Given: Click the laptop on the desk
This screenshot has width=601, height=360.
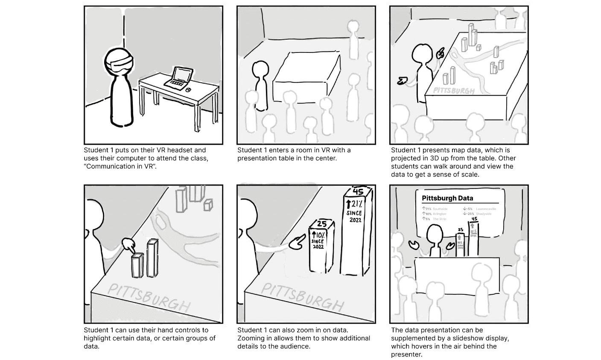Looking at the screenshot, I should pyautogui.click(x=178, y=78).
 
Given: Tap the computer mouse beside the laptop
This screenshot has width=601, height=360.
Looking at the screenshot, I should pyautogui.click(x=188, y=90).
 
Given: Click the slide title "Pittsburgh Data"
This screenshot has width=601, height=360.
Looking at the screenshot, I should pyautogui.click(x=447, y=198).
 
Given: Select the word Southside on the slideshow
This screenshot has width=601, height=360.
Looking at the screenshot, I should pyautogui.click(x=440, y=209).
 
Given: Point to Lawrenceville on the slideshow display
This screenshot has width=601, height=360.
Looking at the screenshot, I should pyautogui.click(x=486, y=209).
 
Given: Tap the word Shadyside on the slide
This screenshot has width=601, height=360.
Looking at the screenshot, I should pyautogui.click(x=484, y=214).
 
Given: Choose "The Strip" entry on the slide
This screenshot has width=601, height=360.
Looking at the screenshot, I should pyautogui.click(x=439, y=219).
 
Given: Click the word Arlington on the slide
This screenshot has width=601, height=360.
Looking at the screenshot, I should pyautogui.click(x=440, y=214).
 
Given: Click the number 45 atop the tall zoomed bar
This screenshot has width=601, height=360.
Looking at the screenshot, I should pyautogui.click(x=357, y=192).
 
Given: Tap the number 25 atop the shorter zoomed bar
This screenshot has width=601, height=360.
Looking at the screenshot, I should pyautogui.click(x=322, y=224).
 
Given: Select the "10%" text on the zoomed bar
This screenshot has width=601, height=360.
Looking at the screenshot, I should pyautogui.click(x=319, y=235).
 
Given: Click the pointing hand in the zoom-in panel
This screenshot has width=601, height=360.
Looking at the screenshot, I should pyautogui.click(x=296, y=244).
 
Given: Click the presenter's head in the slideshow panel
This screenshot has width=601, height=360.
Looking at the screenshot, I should pyautogui.click(x=434, y=234).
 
